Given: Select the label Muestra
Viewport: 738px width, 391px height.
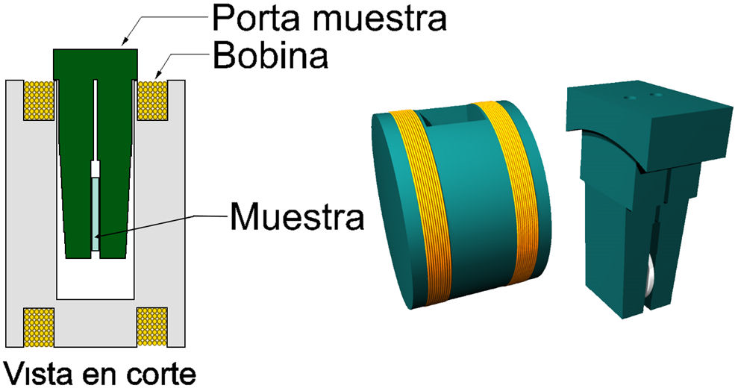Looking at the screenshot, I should pyautogui.click(x=296, y=217).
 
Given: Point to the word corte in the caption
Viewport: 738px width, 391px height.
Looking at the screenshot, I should pyautogui.click(x=162, y=372).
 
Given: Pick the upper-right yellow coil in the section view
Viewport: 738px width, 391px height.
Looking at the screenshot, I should pyautogui.click(x=152, y=99).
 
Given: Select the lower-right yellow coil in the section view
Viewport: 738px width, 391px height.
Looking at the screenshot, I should pyautogui.click(x=152, y=326).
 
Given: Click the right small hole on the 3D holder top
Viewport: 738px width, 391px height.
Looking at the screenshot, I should pyautogui.click(x=657, y=96).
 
